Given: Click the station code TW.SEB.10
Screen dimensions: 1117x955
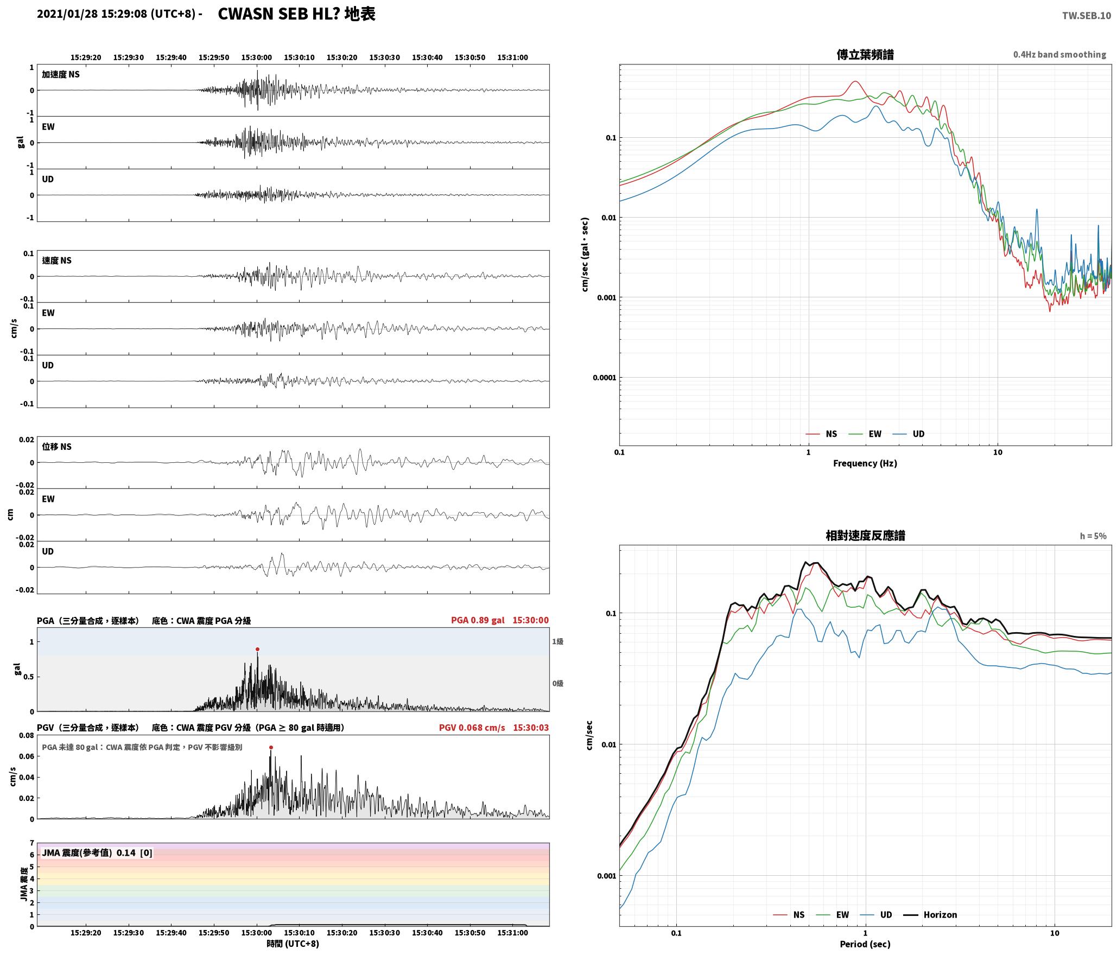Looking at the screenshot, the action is click(1086, 16).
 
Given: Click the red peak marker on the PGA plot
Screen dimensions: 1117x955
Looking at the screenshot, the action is click(257, 649).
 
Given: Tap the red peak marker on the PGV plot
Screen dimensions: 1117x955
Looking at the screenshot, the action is click(271, 747).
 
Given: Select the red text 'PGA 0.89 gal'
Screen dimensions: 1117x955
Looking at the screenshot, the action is click(478, 620).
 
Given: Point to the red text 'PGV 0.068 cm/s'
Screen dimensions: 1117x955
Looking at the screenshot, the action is click(472, 728).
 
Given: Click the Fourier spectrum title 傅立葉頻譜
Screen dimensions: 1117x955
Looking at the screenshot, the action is click(865, 54).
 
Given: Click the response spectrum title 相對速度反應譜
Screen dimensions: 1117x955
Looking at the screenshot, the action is click(865, 536).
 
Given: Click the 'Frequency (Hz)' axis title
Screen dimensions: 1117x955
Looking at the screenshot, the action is click(865, 463).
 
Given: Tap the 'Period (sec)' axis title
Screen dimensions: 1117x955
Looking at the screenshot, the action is click(865, 944).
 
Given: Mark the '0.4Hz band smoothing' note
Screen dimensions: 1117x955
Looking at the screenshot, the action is click(1059, 54).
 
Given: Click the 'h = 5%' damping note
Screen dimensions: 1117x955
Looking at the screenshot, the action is click(1093, 536).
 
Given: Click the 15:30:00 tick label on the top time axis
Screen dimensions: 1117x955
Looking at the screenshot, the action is click(257, 58).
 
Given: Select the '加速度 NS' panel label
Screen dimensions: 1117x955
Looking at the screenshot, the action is click(61, 74).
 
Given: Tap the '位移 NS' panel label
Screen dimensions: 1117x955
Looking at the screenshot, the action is click(57, 447).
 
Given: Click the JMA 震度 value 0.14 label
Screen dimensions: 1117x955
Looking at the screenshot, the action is click(126, 852).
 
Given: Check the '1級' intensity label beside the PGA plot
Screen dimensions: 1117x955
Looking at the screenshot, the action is click(557, 641).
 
